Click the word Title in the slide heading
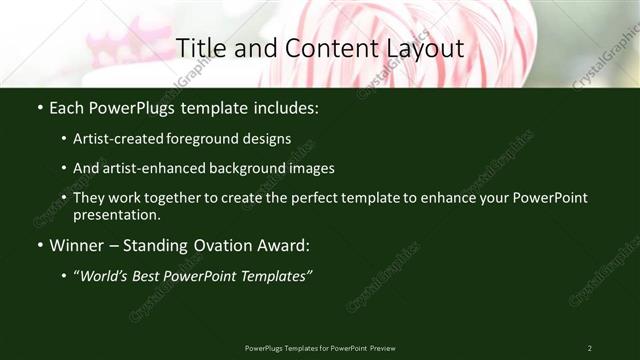tap(199, 48)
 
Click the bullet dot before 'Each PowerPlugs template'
tap(37, 107)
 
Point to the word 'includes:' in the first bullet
tap(285, 107)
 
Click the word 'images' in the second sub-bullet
tap(312, 168)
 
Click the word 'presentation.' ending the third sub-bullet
tap(117, 214)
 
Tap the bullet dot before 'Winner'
tap(37, 245)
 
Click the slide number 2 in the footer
tap(589, 348)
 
